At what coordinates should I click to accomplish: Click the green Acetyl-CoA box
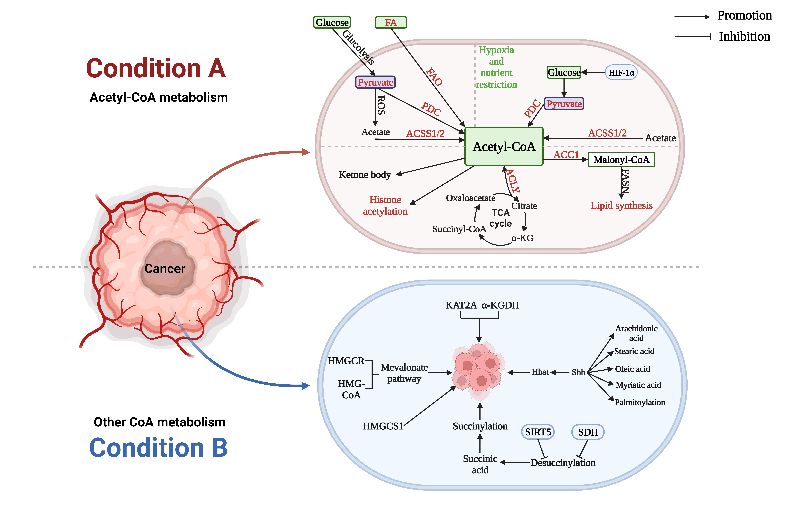[x=504, y=146]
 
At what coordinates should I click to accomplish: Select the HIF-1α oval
[x=621, y=72]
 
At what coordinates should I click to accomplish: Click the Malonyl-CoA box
[x=621, y=160]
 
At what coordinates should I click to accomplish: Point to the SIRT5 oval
[x=538, y=432]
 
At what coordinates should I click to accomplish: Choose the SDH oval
[x=588, y=432]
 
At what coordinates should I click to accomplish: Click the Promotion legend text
[x=744, y=16]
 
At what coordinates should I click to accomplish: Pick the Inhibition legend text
[x=744, y=36]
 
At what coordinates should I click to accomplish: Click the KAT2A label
[x=461, y=305]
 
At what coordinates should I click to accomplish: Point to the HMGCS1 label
[x=383, y=426]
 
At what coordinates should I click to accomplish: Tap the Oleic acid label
[x=632, y=369]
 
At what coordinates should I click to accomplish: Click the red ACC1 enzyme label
[x=566, y=155]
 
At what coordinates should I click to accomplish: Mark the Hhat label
[x=540, y=372]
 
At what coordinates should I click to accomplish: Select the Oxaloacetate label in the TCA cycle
[x=471, y=198]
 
